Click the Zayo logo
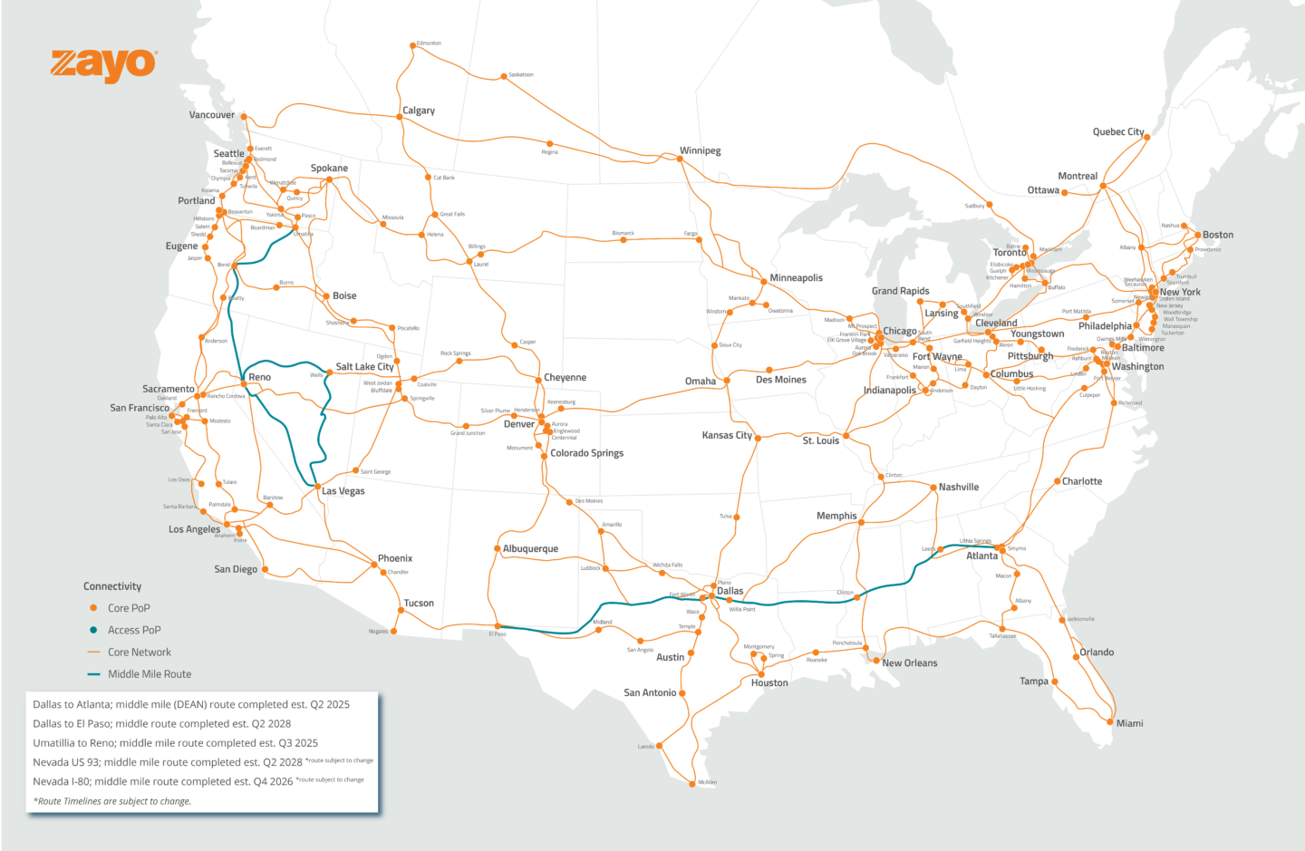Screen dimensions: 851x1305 [103, 65]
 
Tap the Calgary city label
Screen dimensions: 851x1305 [419, 111]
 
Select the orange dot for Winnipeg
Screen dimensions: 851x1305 [681, 160]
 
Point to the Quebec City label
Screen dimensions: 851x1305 [1118, 132]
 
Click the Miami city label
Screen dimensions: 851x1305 [1129, 723]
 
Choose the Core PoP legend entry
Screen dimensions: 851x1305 [129, 608]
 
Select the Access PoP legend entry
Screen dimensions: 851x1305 [134, 630]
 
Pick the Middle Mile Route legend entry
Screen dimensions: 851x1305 [150, 674]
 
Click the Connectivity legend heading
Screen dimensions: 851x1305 [112, 586]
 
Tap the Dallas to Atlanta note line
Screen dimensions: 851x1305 [191, 704]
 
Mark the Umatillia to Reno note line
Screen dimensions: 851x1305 [176, 743]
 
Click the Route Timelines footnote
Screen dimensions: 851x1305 [112, 801]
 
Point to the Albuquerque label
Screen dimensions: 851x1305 [530, 549]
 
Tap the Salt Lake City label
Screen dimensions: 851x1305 [364, 367]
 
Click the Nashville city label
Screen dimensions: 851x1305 [958, 488]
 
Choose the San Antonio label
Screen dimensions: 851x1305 [650, 693]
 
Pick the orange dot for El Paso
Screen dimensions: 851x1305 [498, 625]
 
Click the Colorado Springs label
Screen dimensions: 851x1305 [586, 453]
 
